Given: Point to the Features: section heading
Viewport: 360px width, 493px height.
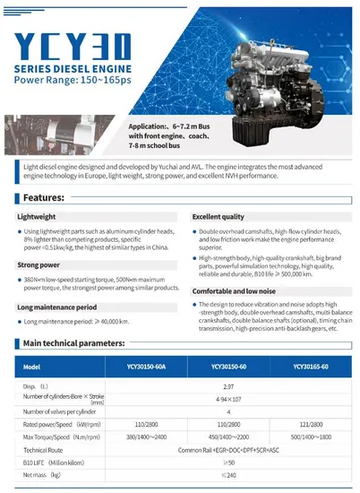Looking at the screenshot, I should [43, 198].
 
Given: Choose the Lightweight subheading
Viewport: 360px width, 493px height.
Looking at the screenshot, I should [39, 218].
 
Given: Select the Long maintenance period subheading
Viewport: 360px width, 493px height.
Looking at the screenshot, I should [61, 307].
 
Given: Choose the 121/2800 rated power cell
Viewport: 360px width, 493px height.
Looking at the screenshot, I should [306, 424].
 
